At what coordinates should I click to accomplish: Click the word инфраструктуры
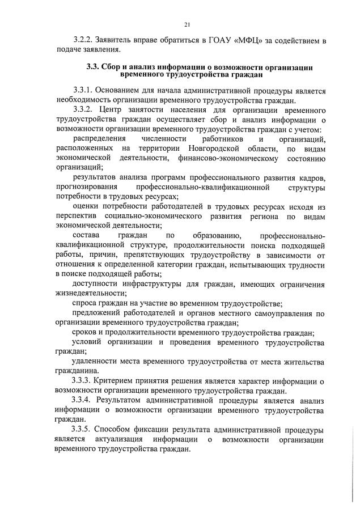(x=149, y=284)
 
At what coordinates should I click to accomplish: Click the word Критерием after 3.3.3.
(x=118, y=380)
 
